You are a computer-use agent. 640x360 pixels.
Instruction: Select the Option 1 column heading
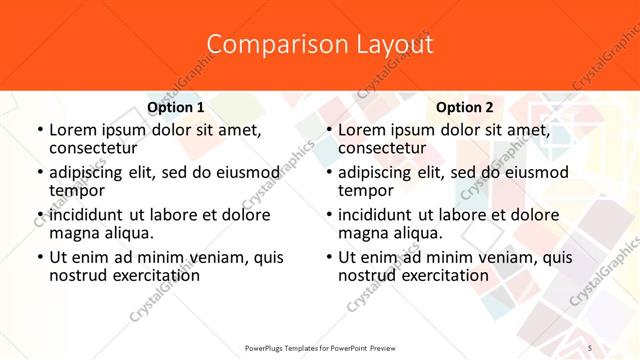point(176,108)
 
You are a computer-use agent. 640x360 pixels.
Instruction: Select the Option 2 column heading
point(465,108)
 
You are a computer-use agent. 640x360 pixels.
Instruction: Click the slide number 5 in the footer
point(590,345)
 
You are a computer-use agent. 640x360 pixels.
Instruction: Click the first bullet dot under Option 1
point(39,130)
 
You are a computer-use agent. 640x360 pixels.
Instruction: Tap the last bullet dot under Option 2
point(329,258)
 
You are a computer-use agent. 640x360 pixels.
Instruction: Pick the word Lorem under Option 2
point(360,130)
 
